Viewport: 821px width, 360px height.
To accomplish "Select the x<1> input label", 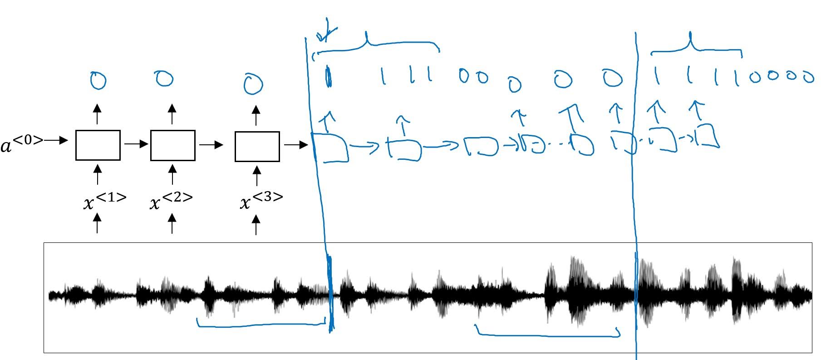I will click(x=104, y=201).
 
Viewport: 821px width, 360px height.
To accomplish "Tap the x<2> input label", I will click(x=171, y=201).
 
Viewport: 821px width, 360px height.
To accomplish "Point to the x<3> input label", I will click(x=261, y=201).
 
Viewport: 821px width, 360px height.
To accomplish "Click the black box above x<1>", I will click(x=98, y=145).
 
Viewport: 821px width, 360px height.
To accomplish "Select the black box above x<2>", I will click(x=172, y=145).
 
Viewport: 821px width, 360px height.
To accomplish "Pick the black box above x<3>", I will click(x=257, y=146).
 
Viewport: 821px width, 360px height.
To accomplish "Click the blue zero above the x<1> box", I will click(x=98, y=81).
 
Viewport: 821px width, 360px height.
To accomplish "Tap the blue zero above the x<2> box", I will click(x=164, y=79).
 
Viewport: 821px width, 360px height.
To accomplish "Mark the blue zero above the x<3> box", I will click(x=253, y=84).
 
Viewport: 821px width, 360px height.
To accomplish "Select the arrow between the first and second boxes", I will click(x=136, y=144).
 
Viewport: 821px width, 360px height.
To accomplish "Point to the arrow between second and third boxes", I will click(x=211, y=145).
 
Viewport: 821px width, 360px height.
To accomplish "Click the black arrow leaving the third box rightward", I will click(x=295, y=145).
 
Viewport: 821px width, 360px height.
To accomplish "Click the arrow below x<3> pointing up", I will click(x=256, y=225).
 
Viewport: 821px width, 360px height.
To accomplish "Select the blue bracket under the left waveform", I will click(x=261, y=324).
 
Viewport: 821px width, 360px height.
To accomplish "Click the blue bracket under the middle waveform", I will click(x=547, y=335).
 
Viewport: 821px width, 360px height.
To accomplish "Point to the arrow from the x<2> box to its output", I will click(x=172, y=113).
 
